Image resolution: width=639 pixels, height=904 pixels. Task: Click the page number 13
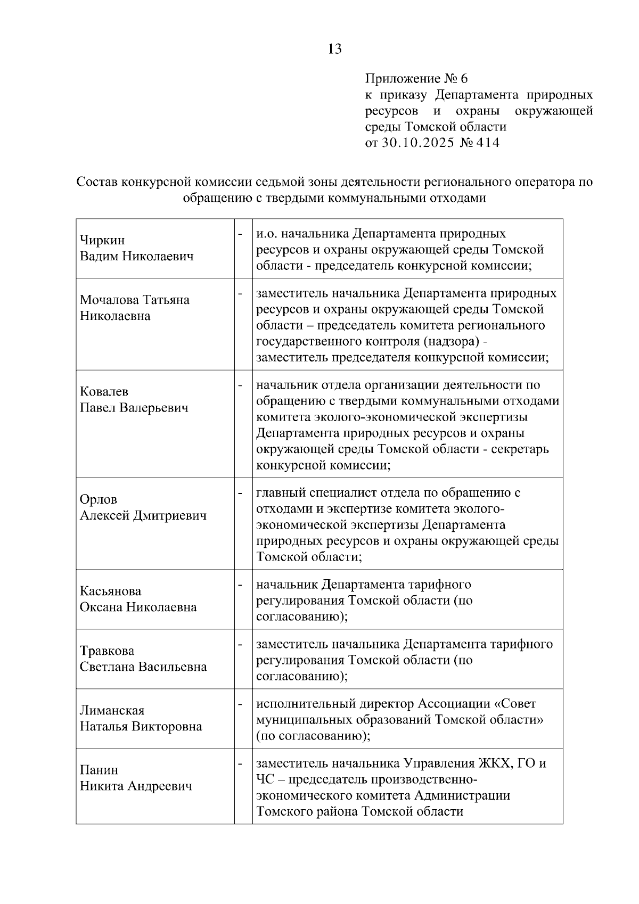tap(335, 50)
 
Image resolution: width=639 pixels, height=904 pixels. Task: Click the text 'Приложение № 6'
tap(416, 79)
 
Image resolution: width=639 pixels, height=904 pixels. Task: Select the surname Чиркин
tap(102, 240)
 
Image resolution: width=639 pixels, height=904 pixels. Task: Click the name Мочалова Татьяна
tap(135, 300)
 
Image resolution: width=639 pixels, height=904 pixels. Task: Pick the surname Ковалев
tap(104, 392)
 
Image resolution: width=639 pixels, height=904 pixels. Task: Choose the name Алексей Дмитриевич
tap(143, 515)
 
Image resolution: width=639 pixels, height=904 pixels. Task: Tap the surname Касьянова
tap(110, 591)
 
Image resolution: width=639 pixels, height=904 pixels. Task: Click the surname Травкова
tap(107, 651)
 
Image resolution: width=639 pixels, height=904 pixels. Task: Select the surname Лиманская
tap(112, 710)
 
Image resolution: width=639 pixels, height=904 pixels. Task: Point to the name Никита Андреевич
tap(136, 786)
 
